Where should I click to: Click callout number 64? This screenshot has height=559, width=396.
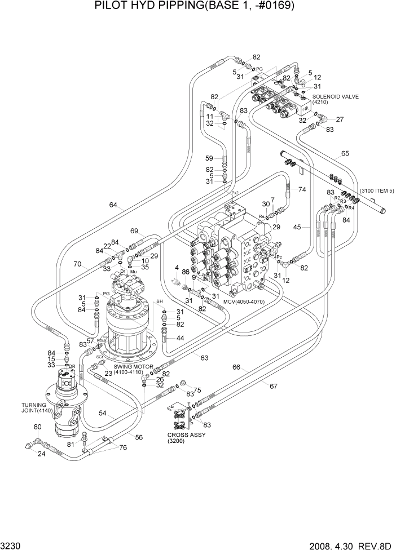113,206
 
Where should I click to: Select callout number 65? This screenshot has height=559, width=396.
345,153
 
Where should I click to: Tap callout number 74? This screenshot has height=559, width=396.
302,190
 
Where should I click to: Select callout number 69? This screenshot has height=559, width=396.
134,231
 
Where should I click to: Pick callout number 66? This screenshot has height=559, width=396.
237,367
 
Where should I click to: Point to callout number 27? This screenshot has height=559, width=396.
340,119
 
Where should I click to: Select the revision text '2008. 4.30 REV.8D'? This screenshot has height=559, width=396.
349,547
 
